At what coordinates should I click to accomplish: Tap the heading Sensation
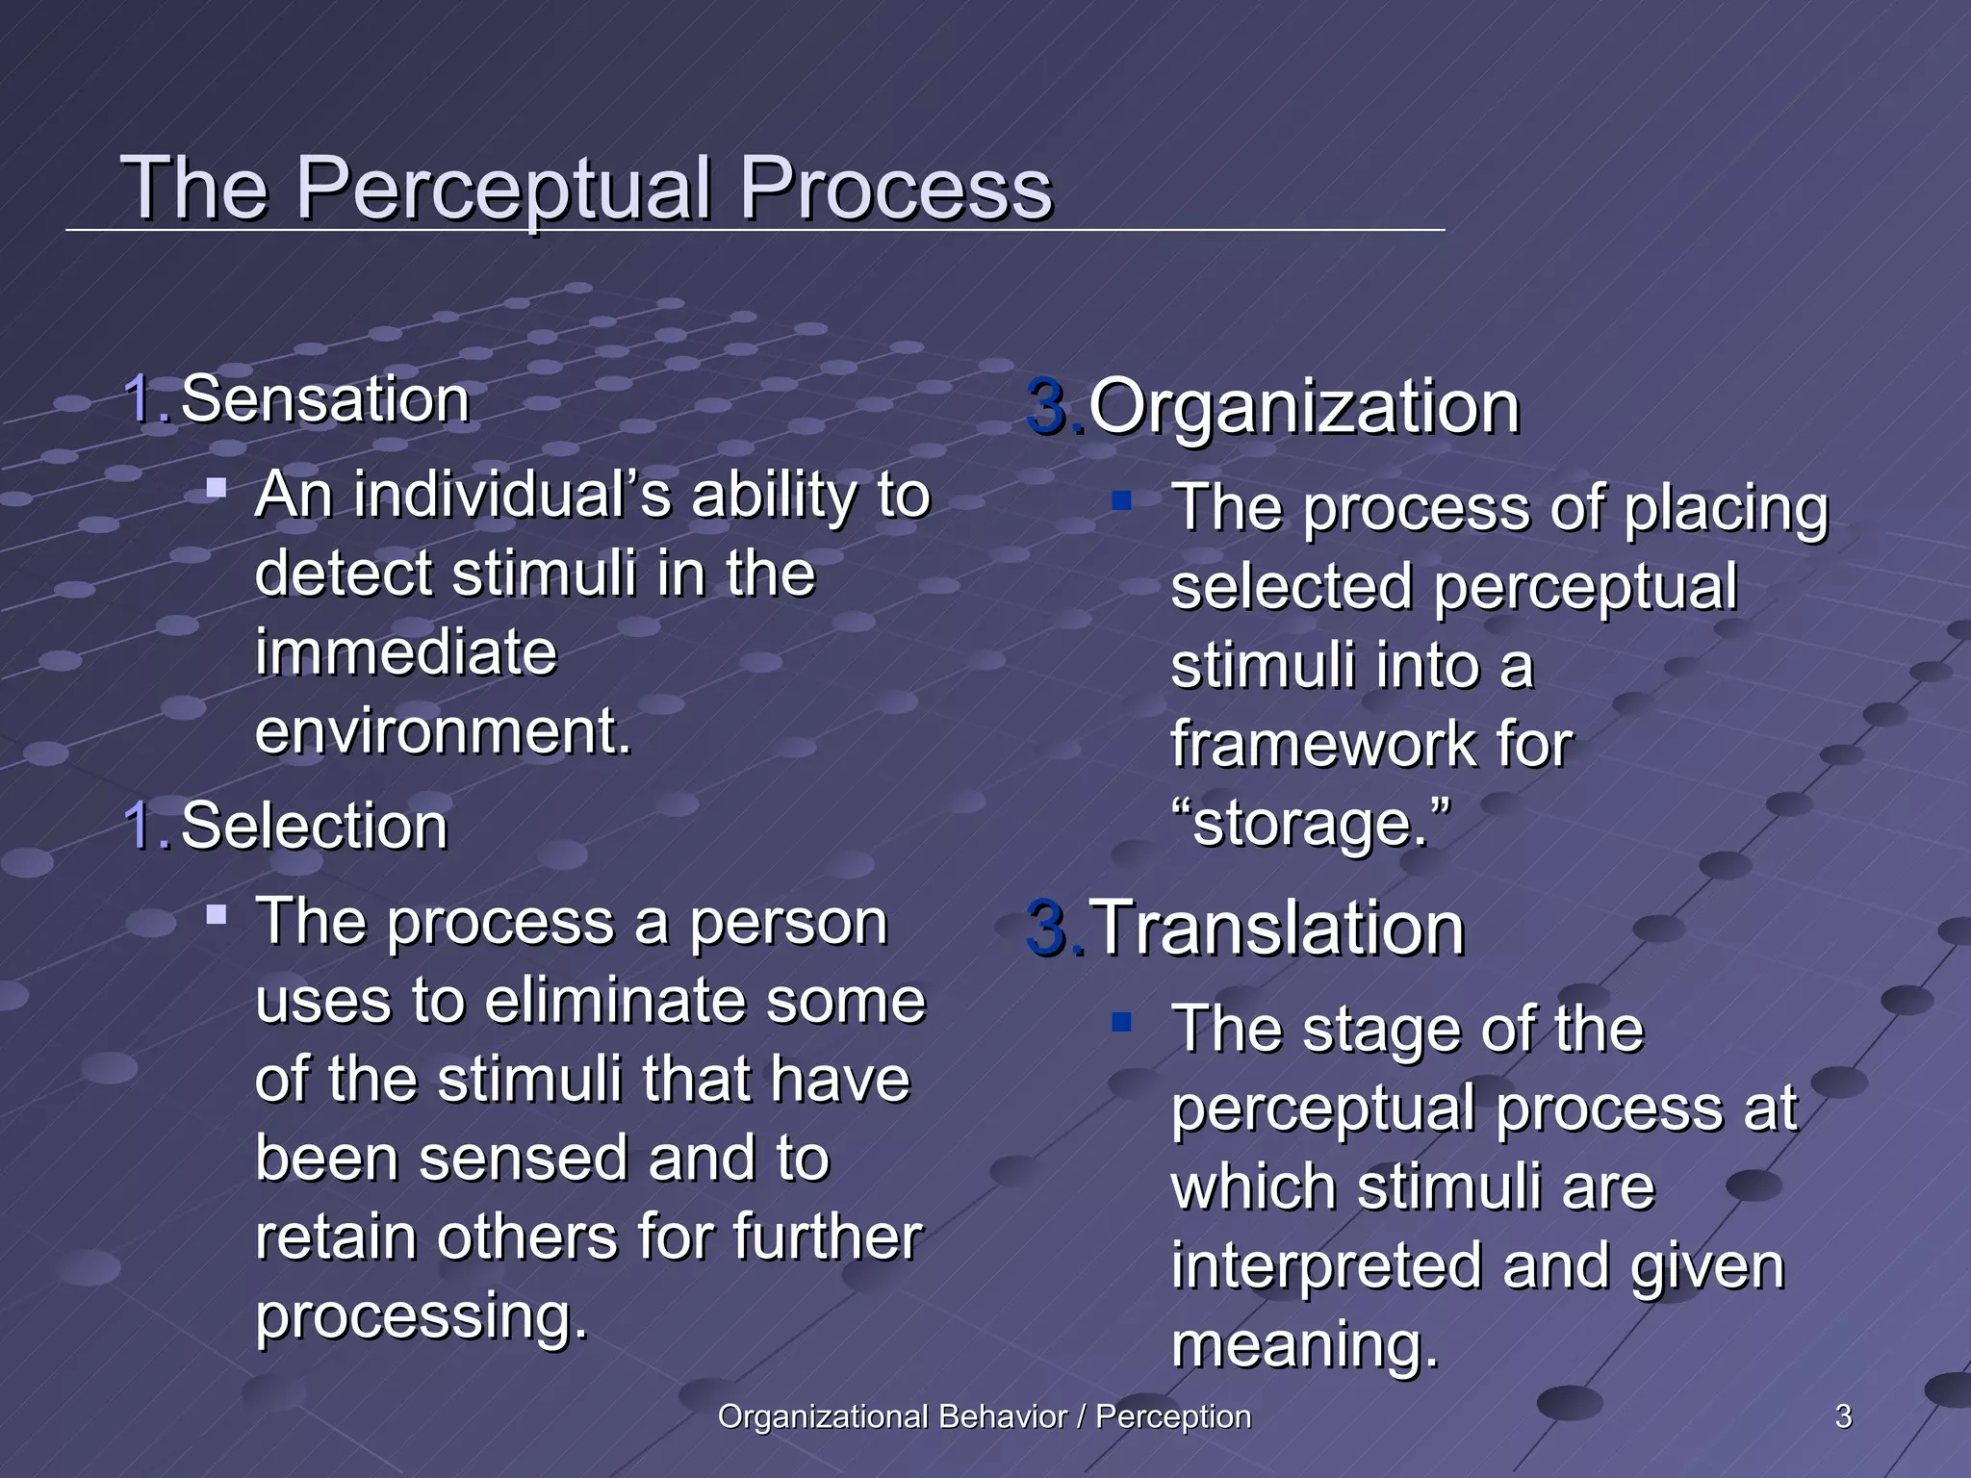tap(324, 399)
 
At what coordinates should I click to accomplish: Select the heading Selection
tap(314, 827)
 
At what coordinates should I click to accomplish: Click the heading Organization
tap(1303, 408)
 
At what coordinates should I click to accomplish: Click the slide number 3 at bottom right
tap(1843, 1416)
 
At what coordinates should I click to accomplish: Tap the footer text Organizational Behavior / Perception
tap(984, 1416)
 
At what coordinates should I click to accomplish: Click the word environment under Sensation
tap(442, 731)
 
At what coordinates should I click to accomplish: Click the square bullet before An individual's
tap(217, 489)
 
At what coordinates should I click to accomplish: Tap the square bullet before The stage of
tap(1121, 1021)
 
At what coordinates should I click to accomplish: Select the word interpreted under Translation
tap(1326, 1265)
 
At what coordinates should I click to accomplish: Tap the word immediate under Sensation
tap(405, 652)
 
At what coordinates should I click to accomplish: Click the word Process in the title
tap(895, 190)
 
